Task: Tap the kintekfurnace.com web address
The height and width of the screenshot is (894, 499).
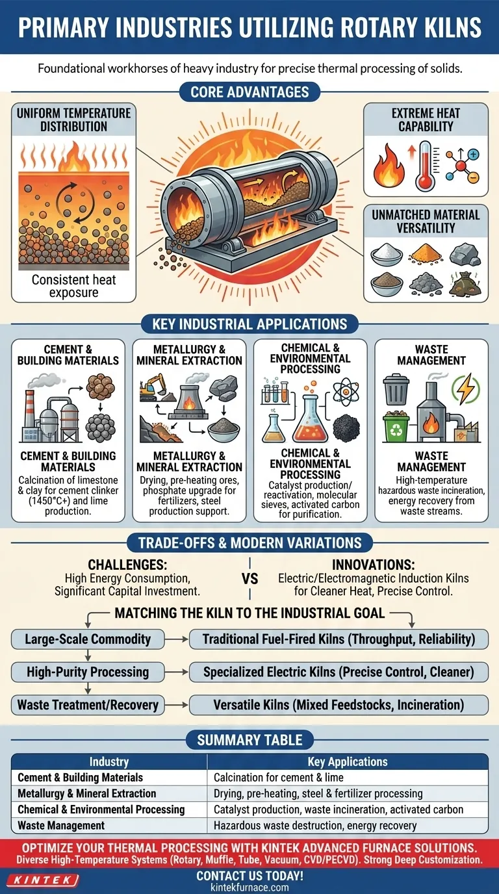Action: click(249, 888)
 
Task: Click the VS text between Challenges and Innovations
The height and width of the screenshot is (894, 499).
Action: click(249, 578)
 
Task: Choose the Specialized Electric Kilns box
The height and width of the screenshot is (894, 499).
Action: click(338, 672)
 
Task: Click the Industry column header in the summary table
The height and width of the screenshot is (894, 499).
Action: click(109, 761)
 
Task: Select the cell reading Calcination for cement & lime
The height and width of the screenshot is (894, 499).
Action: click(279, 777)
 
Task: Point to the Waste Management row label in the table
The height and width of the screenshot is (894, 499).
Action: click(61, 825)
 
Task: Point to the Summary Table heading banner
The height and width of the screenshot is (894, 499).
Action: click(249, 739)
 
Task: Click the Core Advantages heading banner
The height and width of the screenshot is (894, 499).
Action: click(249, 92)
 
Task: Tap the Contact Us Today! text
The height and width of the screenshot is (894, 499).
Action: click(249, 876)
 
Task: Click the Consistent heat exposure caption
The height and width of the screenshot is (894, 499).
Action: click(74, 287)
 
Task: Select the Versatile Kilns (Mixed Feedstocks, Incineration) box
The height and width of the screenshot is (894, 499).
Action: click(338, 704)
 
